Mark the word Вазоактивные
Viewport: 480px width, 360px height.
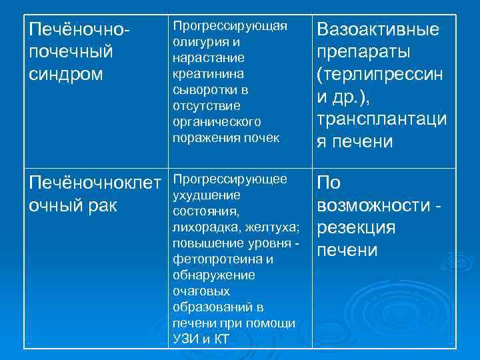(x=378, y=30)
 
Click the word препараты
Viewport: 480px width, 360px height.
(x=363, y=52)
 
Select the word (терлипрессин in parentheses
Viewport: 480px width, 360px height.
(x=381, y=75)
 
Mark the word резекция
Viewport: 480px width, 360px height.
(x=357, y=228)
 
